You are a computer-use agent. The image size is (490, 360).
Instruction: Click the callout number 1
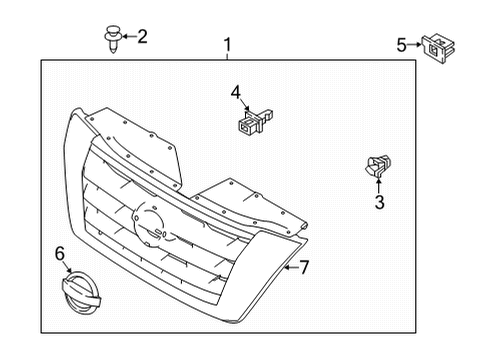(x=228, y=44)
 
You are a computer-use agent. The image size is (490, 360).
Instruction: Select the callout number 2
(x=142, y=37)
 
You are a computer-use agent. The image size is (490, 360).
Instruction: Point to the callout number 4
(x=236, y=92)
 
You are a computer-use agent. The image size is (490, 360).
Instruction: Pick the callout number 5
(x=401, y=44)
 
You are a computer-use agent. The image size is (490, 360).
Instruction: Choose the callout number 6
(x=59, y=255)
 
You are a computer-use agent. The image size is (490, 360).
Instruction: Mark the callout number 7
(x=305, y=266)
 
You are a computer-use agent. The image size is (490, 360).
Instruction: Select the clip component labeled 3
(x=377, y=165)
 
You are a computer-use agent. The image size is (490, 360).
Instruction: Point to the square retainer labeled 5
(x=436, y=46)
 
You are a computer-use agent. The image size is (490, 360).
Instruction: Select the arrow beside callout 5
(x=415, y=45)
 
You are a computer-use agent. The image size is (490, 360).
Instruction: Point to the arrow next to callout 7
(x=289, y=266)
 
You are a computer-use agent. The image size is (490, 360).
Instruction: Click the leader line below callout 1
(x=228, y=56)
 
